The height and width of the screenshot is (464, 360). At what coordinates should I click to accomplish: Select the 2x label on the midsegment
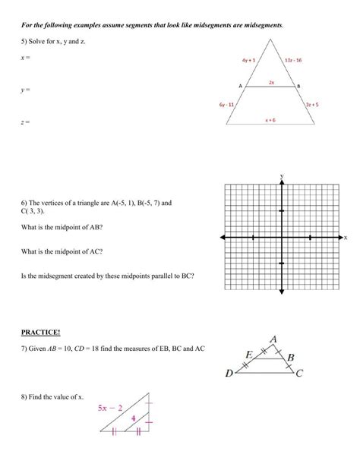[271, 81]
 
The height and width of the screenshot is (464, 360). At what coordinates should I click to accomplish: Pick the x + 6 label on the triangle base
[271, 119]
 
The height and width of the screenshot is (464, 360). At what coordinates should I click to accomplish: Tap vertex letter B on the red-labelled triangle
[298, 87]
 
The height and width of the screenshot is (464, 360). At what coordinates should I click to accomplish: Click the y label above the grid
[282, 175]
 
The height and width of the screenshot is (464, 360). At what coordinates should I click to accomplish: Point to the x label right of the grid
[345, 238]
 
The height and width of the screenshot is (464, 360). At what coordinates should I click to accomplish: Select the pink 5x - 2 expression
[111, 408]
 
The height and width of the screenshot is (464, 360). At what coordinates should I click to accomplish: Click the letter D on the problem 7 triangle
[229, 374]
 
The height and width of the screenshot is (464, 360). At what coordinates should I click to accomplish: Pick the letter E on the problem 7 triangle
[249, 354]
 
